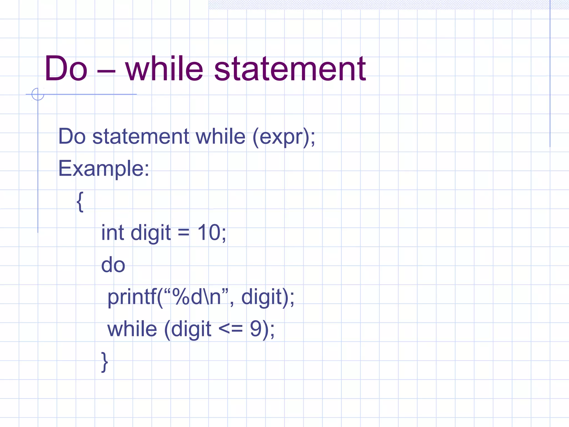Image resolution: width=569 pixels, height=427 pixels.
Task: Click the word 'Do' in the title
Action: pyautogui.click(x=66, y=69)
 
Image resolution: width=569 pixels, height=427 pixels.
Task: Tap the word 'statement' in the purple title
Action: pyautogui.click(x=290, y=69)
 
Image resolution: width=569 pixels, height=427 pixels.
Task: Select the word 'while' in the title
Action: pyautogui.click(x=164, y=69)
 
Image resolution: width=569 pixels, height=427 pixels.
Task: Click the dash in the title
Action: pyautogui.click(x=106, y=71)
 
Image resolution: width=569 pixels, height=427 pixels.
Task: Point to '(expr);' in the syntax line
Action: pyautogui.click(x=284, y=137)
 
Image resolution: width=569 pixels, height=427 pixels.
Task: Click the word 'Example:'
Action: pyautogui.click(x=104, y=168)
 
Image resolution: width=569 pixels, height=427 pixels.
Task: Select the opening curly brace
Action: pyautogui.click(x=80, y=202)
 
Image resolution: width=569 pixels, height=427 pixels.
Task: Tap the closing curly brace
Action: pyautogui.click(x=104, y=362)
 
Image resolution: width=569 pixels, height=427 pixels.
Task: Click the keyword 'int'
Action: pyautogui.click(x=112, y=233)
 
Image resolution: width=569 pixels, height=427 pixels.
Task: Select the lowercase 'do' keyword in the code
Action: pyautogui.click(x=113, y=265)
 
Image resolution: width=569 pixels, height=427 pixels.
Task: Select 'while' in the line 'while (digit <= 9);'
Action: pyautogui.click(x=132, y=329)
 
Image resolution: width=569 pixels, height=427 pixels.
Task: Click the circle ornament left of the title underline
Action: pyautogui.click(x=38, y=94)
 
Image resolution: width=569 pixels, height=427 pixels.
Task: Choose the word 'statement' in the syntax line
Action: pyautogui.click(x=141, y=137)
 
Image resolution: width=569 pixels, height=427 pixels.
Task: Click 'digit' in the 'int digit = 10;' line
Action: pyautogui.click(x=151, y=233)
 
